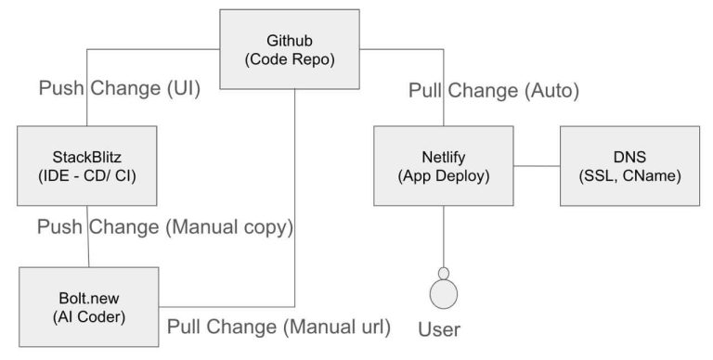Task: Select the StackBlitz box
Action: [x=88, y=165]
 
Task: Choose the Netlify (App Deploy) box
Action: [x=444, y=165]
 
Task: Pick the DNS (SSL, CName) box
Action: [x=629, y=165]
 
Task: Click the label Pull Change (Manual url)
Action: [x=279, y=326]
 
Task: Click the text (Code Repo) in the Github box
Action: [x=290, y=58]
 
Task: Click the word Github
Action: [x=290, y=40]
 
